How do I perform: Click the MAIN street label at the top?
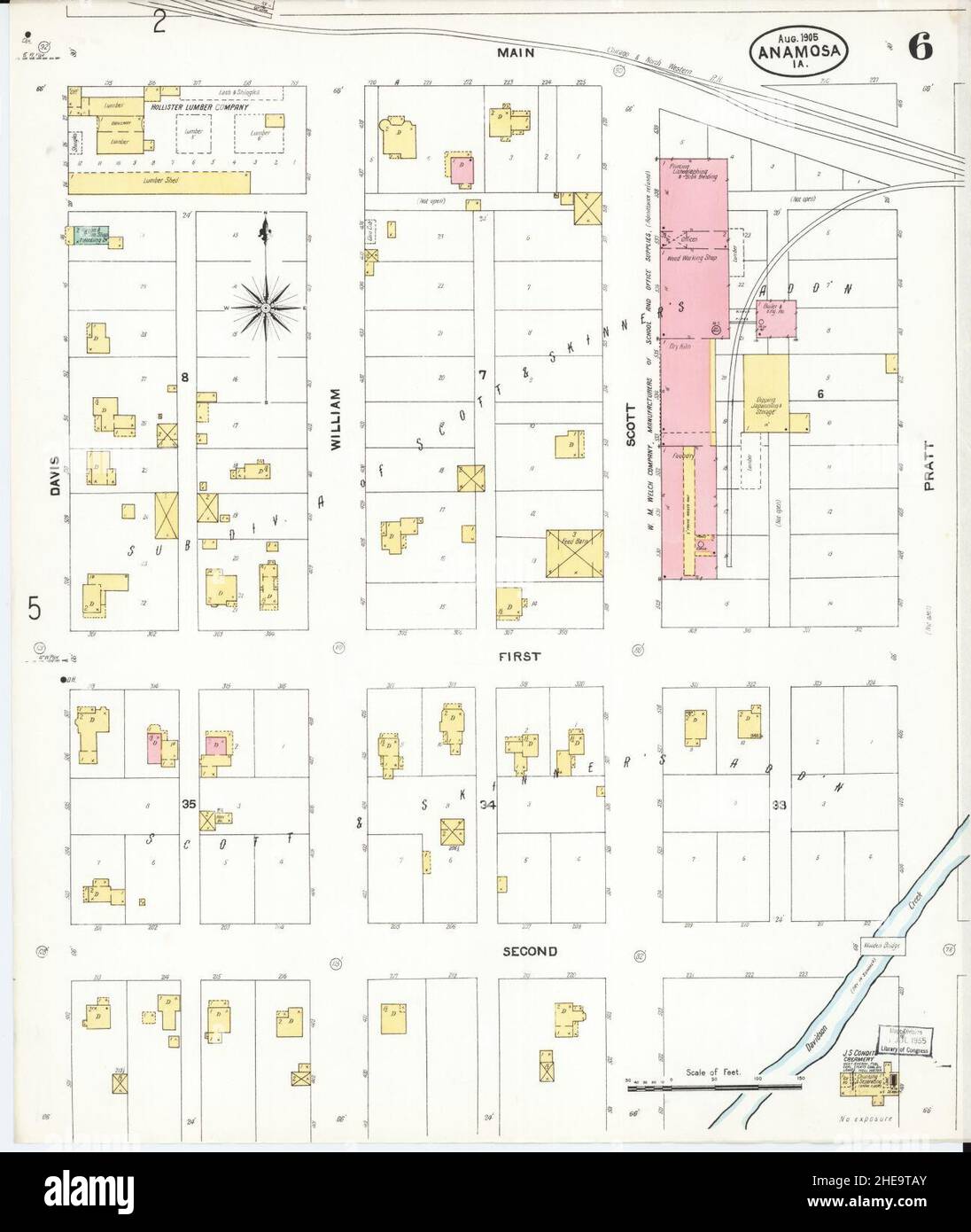[515, 53]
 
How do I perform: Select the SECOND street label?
[530, 951]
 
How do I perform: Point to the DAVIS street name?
[55, 475]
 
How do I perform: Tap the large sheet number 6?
[918, 49]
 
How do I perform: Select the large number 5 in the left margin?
[34, 609]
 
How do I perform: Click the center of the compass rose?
[265, 308]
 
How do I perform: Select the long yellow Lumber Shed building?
[159, 183]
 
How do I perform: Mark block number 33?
[779, 805]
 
